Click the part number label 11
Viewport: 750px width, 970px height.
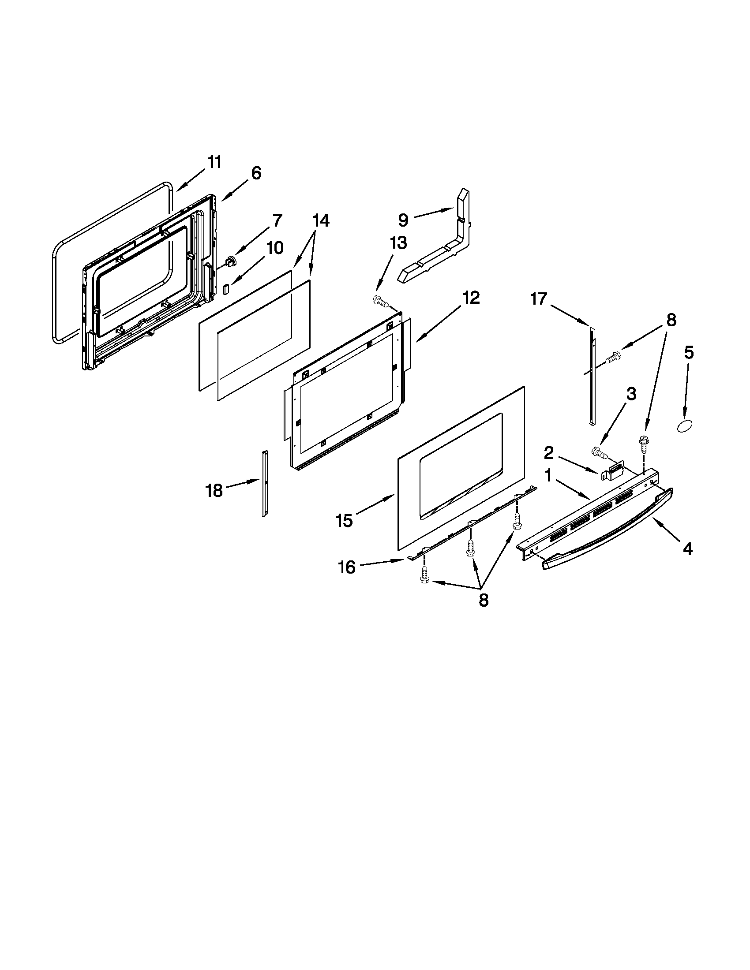coord(214,163)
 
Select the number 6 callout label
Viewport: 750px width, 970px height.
coord(256,173)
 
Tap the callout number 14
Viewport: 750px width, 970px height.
coord(320,220)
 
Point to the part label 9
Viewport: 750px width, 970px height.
coord(403,220)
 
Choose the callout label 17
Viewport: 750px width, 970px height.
coord(538,299)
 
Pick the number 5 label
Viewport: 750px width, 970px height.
coord(688,353)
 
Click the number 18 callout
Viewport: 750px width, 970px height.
coord(214,491)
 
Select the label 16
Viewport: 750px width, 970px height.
coord(347,567)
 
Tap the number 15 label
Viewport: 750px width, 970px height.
coord(345,520)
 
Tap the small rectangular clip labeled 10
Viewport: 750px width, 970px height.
coord(225,290)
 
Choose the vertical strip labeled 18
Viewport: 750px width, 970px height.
coord(265,484)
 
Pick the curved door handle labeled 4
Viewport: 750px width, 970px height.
coord(609,528)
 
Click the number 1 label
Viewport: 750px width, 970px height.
coord(548,477)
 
